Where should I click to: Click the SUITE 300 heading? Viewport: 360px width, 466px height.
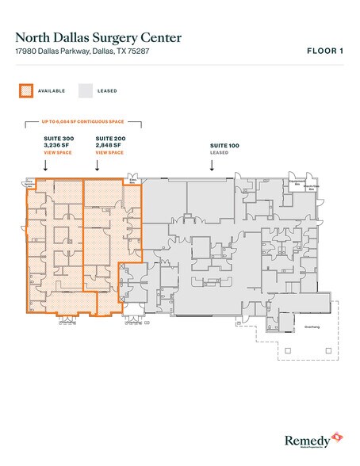pos(59,138)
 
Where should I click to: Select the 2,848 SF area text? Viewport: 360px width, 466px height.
pos(110,144)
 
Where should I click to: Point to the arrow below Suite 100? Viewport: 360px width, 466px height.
pos(211,166)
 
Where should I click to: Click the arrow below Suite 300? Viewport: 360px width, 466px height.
pos(45,166)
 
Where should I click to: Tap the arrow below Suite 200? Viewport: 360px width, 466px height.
pos(98,166)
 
